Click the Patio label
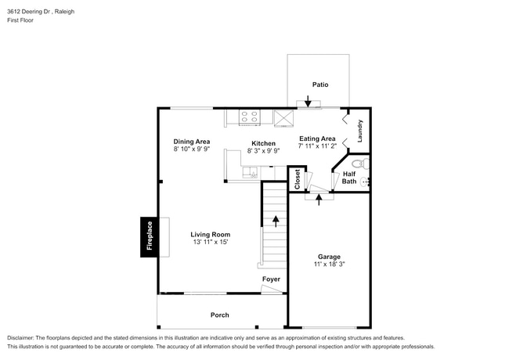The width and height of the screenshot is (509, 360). tap(319, 84)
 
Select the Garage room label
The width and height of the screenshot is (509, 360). tap(328, 256)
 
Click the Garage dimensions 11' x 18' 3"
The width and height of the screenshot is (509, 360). tap(328, 265)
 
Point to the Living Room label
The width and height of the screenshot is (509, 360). tap(209, 234)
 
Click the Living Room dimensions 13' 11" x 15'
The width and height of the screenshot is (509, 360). tap(209, 243)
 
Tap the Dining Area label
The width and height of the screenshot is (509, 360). tap(191, 142)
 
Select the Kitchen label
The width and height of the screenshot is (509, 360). tap(262, 143)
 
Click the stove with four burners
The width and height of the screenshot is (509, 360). tap(249, 117)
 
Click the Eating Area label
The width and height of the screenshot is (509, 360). tap(317, 139)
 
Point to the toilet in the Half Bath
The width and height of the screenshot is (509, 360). tap(359, 164)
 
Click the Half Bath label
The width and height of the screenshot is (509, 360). tap(349, 178)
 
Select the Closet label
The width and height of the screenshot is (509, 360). tap(297, 179)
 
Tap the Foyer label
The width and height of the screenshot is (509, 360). tap(270, 279)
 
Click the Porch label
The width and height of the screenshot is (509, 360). tap(219, 315)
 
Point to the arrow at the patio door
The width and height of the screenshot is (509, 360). tap(309, 101)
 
